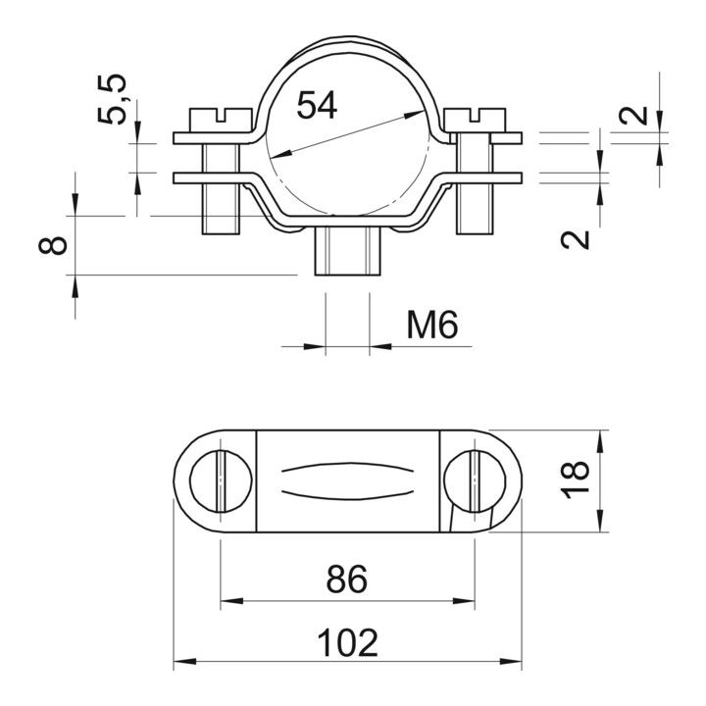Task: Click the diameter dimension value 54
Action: [317, 105]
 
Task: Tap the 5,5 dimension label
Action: [112, 99]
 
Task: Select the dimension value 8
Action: [53, 246]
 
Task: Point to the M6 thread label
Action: [432, 325]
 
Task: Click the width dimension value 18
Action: [575, 479]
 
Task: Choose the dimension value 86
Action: [347, 580]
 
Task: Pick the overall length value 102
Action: [347, 643]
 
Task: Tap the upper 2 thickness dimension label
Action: [633, 115]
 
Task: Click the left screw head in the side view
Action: [221, 121]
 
